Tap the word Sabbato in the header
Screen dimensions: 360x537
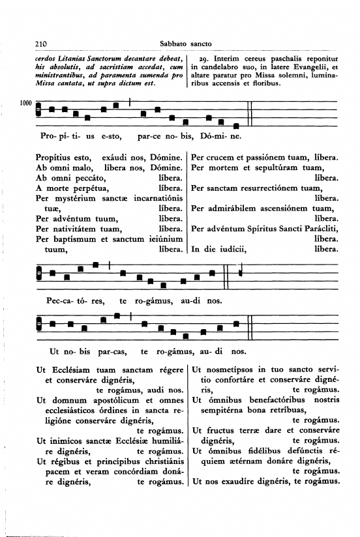(173, 44)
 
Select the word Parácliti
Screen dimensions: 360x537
(318, 228)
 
